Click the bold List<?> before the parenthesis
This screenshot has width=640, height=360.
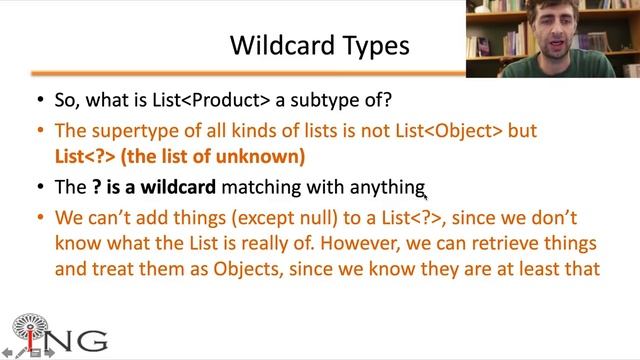click(x=81, y=157)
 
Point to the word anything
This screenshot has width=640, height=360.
click(x=386, y=187)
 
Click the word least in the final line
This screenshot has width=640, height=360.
click(x=537, y=269)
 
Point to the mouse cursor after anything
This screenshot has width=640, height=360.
click(x=426, y=197)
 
